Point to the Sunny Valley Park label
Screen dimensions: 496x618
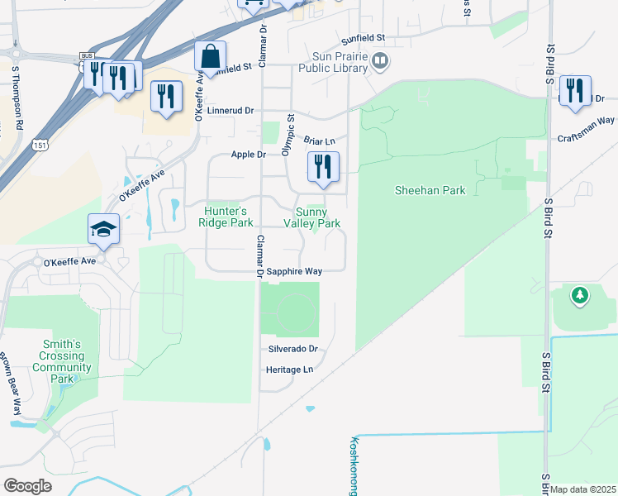311,217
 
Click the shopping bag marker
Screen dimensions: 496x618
211,57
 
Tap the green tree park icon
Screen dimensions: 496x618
580,295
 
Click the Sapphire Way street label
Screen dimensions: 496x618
293,270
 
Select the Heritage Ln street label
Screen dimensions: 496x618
290,369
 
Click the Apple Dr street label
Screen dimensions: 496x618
249,155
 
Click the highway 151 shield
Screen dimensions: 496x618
40,145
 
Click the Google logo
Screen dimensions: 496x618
27,485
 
